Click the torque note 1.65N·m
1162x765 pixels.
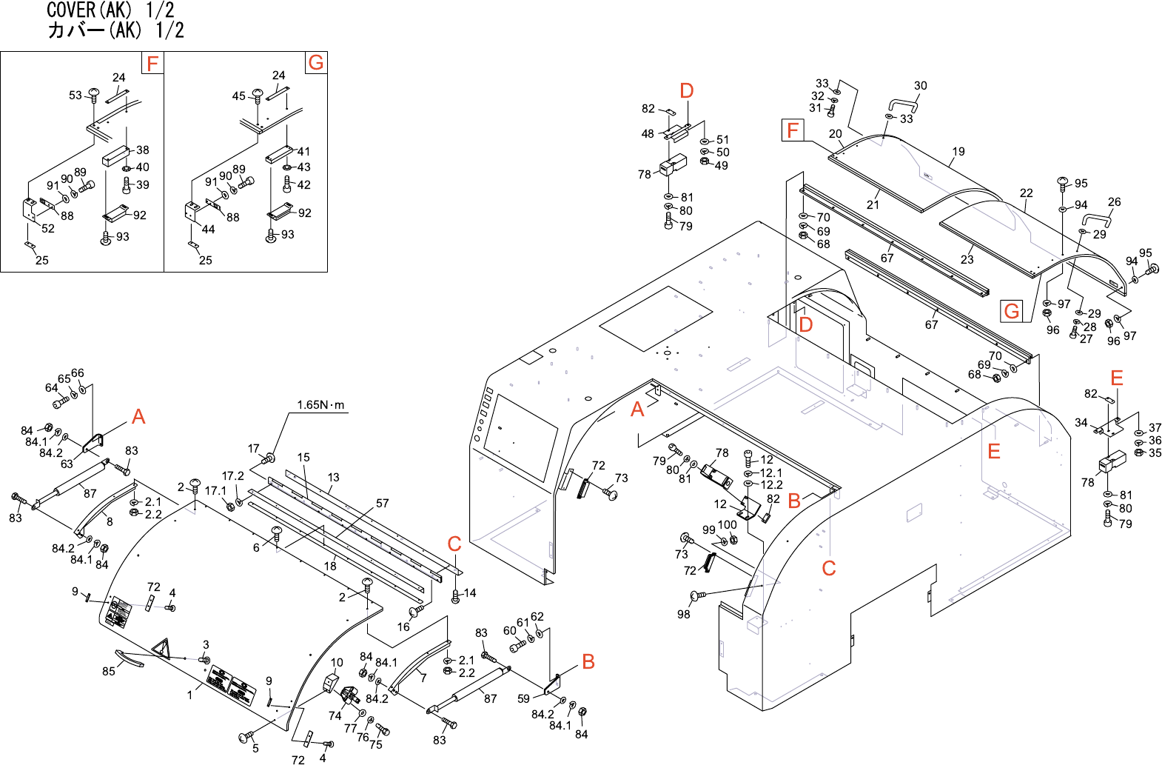(320, 405)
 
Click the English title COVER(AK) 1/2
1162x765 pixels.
(110, 10)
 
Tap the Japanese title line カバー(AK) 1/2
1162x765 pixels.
(115, 30)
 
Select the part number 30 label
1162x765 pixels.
(920, 86)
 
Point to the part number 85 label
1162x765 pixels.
(109, 671)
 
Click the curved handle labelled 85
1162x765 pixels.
(130, 658)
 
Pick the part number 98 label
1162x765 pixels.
(683, 614)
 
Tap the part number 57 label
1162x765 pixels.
(382, 504)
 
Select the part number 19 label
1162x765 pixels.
(958, 152)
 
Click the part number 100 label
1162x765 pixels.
(727, 525)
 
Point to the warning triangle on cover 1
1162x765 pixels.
(161, 649)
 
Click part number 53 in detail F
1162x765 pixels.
(75, 96)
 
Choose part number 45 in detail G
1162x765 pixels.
(238, 96)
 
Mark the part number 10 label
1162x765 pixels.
(337, 663)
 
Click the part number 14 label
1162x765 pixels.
(470, 593)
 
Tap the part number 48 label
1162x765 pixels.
(648, 134)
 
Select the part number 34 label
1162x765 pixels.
(1081, 423)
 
